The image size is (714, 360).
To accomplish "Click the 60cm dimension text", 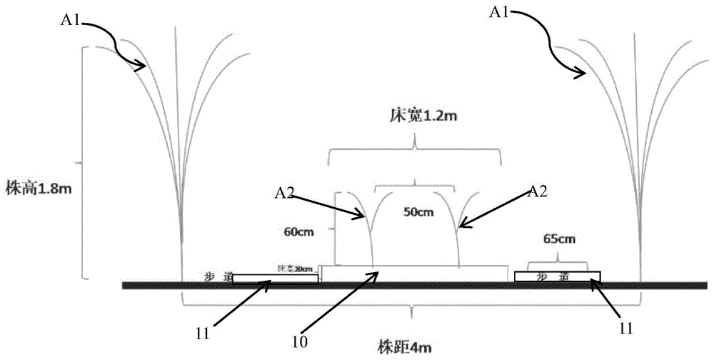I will (x=296, y=231).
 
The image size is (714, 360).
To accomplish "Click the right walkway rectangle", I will (x=557, y=276).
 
